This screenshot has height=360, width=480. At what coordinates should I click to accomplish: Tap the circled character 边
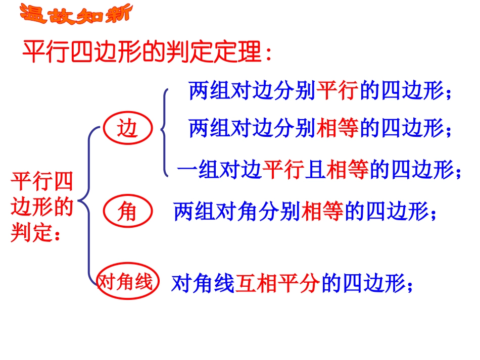click(x=127, y=130)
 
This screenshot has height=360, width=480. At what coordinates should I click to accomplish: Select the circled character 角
click(x=127, y=211)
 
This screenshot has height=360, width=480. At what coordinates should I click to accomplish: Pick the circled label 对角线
click(x=127, y=282)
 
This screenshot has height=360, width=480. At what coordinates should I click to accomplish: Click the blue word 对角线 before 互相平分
click(x=203, y=284)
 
